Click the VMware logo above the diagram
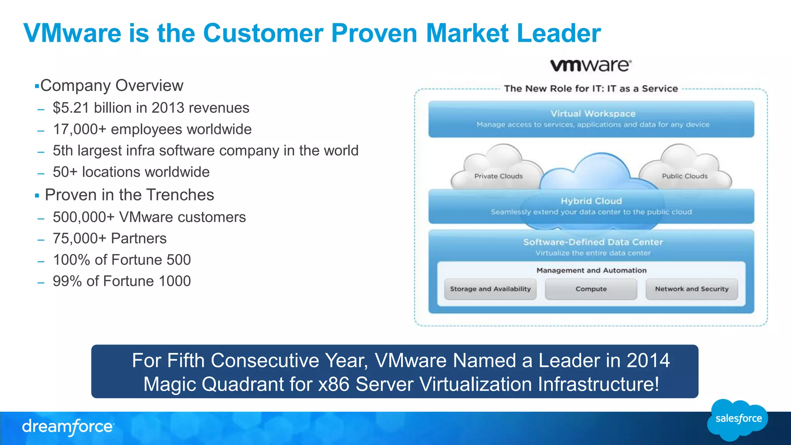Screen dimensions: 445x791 (x=591, y=65)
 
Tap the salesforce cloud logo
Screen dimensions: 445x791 (x=738, y=420)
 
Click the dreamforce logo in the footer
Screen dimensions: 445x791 (x=68, y=427)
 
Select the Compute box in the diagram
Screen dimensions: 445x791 (x=591, y=289)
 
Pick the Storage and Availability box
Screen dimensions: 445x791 (x=490, y=289)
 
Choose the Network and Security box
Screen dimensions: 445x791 (x=691, y=289)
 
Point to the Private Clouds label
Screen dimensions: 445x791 (x=498, y=176)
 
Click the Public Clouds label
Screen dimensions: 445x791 (x=684, y=176)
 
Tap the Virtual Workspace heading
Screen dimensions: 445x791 (x=593, y=114)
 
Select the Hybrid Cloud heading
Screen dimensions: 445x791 (x=591, y=201)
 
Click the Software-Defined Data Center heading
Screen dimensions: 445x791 (x=593, y=242)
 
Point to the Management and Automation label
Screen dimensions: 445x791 (x=591, y=270)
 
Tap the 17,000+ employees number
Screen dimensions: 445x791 (x=79, y=129)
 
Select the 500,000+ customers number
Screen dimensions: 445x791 (x=83, y=217)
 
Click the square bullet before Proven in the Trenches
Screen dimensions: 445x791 (x=37, y=196)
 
